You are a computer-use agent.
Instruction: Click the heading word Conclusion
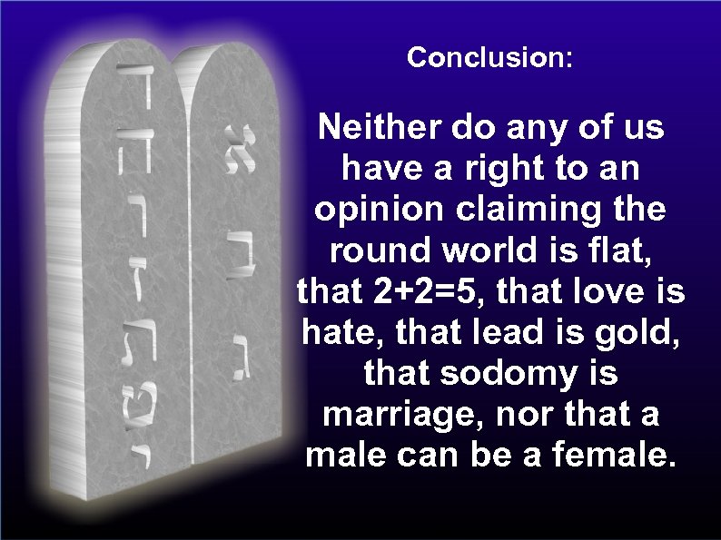(x=489, y=58)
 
